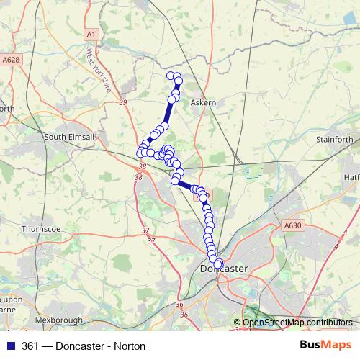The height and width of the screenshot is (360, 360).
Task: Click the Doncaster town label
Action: coord(222,269)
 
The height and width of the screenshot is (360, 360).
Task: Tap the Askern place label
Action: coord(203,103)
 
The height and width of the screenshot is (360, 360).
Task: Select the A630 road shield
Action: coord(292,225)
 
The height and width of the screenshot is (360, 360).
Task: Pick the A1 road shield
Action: coord(90,34)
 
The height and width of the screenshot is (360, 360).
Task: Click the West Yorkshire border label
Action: coord(99,71)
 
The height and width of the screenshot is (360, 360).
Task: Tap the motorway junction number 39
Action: coord(123,103)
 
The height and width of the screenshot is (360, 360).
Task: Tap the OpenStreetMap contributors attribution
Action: coord(297,323)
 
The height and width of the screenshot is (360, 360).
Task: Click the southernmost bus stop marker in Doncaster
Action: coord(217,264)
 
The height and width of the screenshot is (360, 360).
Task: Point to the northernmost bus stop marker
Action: coord(171,76)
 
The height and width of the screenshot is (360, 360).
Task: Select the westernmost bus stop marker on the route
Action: coord(141,152)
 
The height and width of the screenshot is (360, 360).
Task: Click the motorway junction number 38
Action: coord(140,166)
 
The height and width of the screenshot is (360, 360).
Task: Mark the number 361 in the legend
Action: coord(31,346)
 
